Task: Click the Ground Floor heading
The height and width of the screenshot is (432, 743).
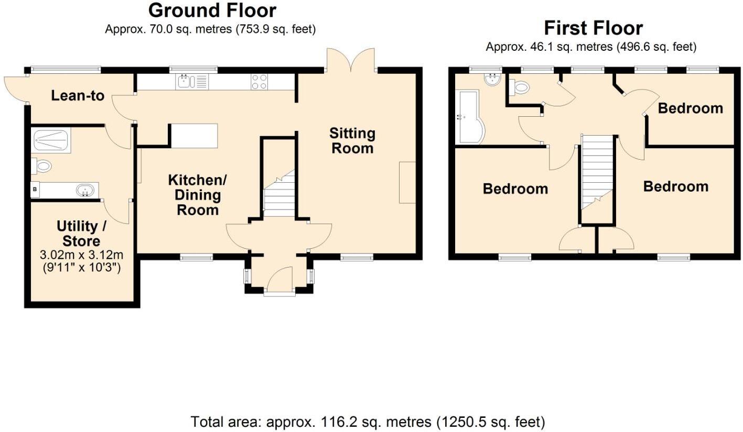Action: (212, 10)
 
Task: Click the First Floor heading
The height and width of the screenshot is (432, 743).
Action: (593, 28)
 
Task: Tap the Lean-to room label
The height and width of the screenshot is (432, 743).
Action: (78, 96)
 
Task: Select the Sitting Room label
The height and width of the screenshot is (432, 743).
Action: (352, 140)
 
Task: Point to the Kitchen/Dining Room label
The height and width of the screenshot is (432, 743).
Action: (197, 195)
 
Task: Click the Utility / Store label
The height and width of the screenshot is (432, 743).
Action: (81, 234)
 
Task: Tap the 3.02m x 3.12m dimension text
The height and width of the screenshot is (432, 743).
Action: (81, 256)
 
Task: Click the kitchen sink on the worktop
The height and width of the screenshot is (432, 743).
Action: (186, 81)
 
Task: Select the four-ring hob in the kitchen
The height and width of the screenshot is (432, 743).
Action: (259, 82)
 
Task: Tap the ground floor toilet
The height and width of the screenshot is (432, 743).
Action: (42, 167)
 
